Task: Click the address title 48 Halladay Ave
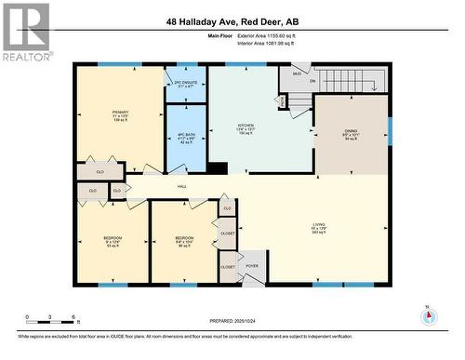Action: [232, 20]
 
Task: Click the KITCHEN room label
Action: [246, 128]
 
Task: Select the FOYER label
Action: [251, 266]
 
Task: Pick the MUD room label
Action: [297, 73]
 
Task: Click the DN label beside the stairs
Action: [312, 81]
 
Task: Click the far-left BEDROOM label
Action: [112, 241]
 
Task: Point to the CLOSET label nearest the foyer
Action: [228, 267]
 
